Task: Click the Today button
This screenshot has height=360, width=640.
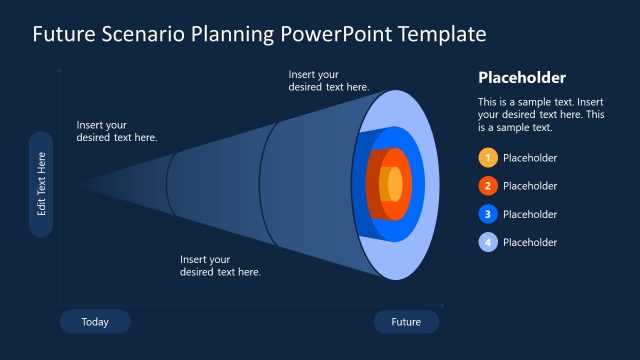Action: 95,322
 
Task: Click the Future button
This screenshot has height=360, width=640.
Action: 406,322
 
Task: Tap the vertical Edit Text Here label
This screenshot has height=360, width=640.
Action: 41,184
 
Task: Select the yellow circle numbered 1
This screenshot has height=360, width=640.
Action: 487,158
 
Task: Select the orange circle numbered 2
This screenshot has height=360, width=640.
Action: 487,186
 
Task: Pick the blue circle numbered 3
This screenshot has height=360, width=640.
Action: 487,214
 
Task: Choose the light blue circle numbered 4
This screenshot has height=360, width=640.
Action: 487,242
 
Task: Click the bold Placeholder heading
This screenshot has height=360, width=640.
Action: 522,78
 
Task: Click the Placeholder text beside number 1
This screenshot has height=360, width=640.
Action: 530,158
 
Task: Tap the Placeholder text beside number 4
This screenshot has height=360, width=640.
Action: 530,242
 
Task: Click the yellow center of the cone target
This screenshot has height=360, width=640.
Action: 395,185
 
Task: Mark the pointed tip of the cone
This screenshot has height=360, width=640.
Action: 80,185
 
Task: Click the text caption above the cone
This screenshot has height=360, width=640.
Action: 329,81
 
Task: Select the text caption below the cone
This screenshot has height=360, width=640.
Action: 220,266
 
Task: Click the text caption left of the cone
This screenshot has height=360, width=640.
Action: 116,131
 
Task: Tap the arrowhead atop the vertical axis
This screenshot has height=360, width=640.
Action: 60,71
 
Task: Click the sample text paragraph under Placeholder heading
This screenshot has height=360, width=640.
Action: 540,115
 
